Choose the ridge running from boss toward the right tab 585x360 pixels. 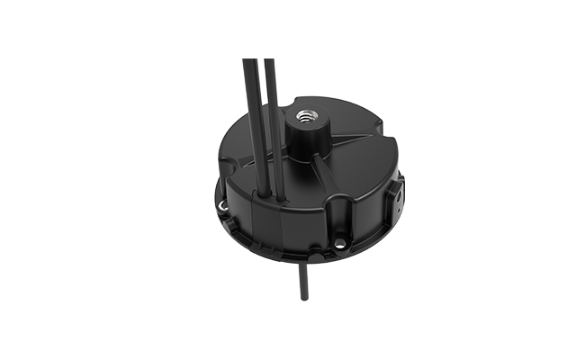tap(355, 144)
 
